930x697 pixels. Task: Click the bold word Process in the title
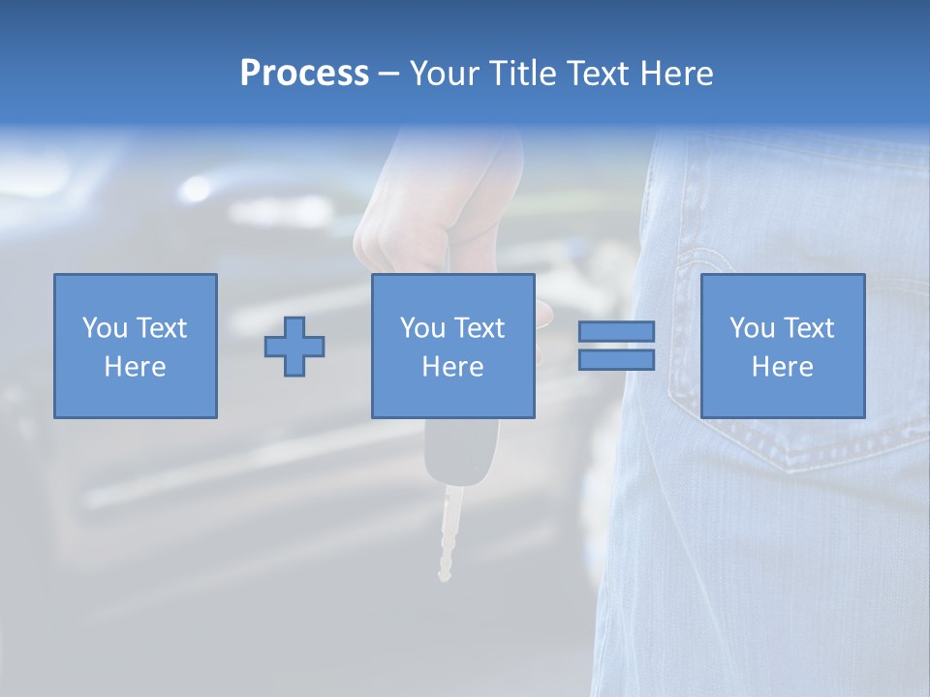(304, 74)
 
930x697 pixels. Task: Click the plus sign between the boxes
(294, 347)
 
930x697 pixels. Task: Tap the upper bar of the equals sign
(616, 332)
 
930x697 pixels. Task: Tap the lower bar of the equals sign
(616, 359)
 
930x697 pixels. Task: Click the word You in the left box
(105, 328)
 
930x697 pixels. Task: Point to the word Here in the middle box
(453, 367)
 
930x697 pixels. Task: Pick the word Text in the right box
(808, 328)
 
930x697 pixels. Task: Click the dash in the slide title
(388, 74)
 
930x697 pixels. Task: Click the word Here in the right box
(783, 367)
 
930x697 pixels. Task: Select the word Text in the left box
(161, 328)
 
